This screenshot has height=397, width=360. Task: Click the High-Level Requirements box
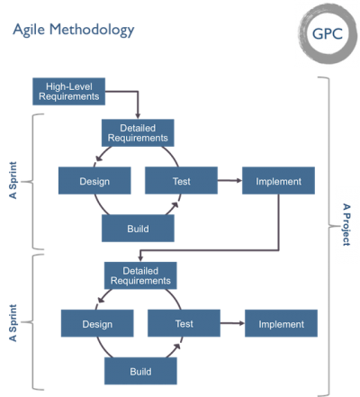pos(68,92)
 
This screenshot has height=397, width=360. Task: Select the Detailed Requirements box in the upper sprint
pos(138,133)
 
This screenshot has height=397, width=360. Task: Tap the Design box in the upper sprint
pos(94,181)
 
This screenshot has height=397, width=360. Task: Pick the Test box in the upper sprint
pos(181,180)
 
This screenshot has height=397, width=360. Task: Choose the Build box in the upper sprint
pos(138,229)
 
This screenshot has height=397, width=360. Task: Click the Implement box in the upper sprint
pos(278,181)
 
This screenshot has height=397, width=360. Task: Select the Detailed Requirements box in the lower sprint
pos(140,275)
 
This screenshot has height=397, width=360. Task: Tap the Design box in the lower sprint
pos(97,323)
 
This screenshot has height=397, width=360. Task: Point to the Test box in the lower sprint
pos(184,323)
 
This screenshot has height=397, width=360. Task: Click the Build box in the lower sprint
pos(140,371)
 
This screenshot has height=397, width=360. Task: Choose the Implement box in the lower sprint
pos(281,323)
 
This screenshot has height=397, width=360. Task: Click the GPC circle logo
pos(328,33)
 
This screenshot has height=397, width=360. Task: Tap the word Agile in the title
pos(29,30)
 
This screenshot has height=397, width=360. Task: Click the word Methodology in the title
pos(92,30)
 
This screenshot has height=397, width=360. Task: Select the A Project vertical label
pos(346,225)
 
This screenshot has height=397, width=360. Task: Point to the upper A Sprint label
pos(13,180)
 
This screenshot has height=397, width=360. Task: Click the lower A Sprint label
pos(13,323)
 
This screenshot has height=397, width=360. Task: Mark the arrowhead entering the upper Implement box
pos(239,180)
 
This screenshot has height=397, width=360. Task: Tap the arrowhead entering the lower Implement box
pos(242,323)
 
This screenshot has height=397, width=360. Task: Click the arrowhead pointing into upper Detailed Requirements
pos(138,116)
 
